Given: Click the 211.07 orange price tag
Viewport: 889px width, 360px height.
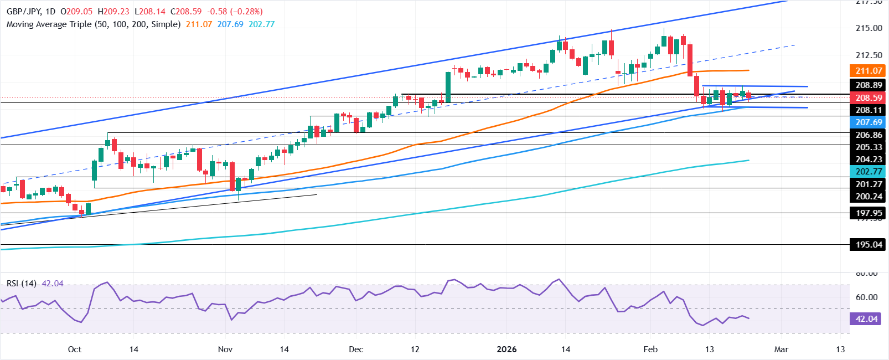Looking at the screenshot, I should pyautogui.click(x=869, y=70).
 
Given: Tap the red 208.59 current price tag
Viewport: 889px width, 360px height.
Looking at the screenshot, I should pyautogui.click(x=869, y=97).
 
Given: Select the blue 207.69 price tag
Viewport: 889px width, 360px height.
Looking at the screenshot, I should pyautogui.click(x=869, y=122).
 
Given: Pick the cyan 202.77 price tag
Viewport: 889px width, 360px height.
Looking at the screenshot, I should pyautogui.click(x=869, y=172).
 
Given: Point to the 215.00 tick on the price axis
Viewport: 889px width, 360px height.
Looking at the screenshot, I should pyautogui.click(x=869, y=28).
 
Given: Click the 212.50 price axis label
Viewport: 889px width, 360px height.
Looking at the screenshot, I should pyautogui.click(x=869, y=55).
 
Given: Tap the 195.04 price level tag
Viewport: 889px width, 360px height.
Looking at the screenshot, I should pyautogui.click(x=869, y=244).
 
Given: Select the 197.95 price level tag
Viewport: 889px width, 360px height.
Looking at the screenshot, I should pyautogui.click(x=869, y=213).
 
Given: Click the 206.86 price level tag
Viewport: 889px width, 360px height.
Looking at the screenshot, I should pyautogui.click(x=869, y=135).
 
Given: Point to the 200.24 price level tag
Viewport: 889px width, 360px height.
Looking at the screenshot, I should pyautogui.click(x=869, y=197).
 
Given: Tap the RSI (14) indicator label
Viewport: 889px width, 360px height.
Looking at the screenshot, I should pyautogui.click(x=22, y=284).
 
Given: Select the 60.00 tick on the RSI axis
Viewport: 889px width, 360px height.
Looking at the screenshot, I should pyautogui.click(x=866, y=297).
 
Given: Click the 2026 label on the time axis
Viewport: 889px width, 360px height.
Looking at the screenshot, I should pyautogui.click(x=506, y=349).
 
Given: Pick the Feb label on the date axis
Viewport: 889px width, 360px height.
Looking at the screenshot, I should pyautogui.click(x=650, y=349).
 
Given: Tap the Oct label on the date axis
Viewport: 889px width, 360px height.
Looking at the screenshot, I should pyautogui.click(x=74, y=349).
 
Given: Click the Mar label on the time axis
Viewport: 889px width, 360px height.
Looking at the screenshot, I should pyautogui.click(x=781, y=349).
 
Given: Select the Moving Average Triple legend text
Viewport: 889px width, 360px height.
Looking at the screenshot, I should pyautogui.click(x=94, y=24).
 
